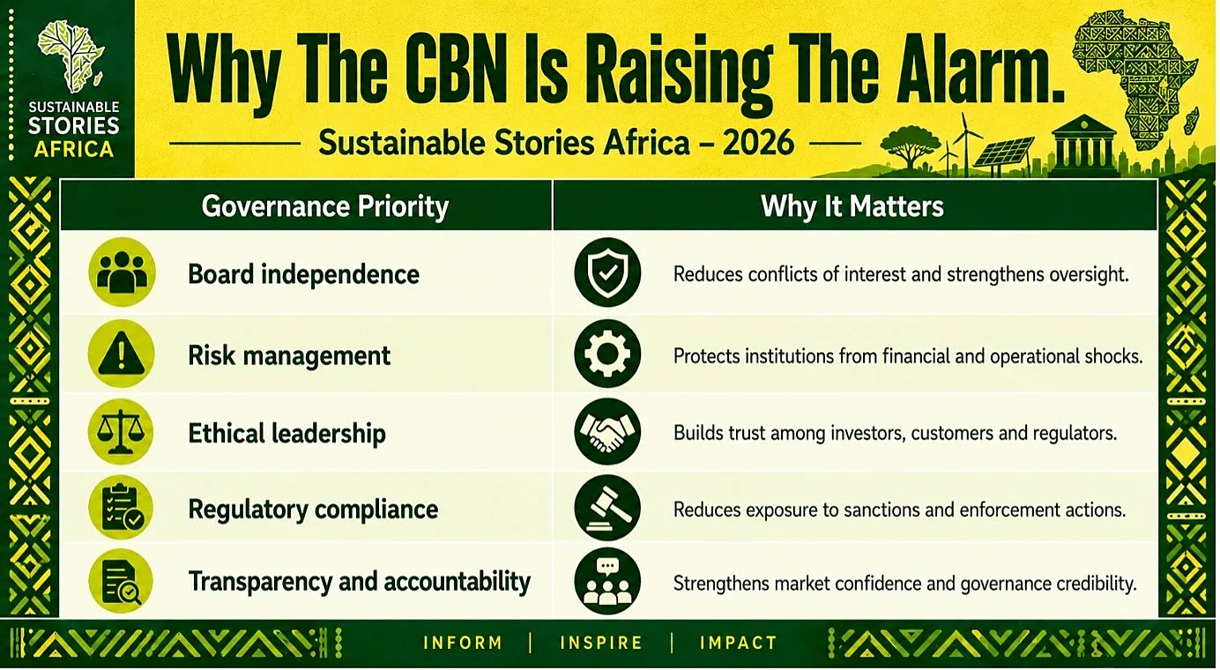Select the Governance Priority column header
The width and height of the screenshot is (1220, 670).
325,206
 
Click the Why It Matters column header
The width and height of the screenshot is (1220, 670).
852,206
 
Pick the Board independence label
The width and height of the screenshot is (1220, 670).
304,274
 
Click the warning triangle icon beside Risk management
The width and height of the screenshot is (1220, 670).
122,354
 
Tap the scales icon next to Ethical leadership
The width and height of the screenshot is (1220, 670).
121,433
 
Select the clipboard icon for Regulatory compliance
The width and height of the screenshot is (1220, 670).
122,508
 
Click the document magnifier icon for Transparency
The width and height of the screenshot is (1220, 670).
122,581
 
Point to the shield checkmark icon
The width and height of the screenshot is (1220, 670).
607,272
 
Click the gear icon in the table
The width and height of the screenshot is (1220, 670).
607,354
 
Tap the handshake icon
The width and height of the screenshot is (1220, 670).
607,431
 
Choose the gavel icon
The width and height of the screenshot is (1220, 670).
607,508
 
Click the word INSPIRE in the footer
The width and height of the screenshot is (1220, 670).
601,643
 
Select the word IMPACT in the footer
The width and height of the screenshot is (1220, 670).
739,643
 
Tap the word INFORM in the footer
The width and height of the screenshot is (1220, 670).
463,643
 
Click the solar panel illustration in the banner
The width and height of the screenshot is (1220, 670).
1004,153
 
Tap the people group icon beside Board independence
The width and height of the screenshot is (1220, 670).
122,272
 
